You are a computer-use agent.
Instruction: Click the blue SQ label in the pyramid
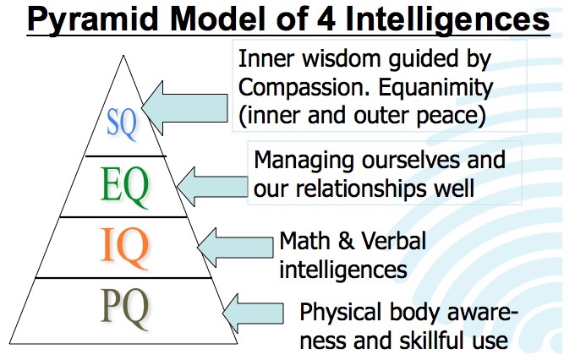[x=122, y=123]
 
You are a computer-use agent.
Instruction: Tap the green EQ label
[x=124, y=187]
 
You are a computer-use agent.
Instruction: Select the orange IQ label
[x=124, y=247]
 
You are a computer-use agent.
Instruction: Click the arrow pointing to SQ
[x=184, y=108]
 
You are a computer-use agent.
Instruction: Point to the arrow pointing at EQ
[x=212, y=187]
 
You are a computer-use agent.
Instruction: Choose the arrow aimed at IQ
[x=235, y=247]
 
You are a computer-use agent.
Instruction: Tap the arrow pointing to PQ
[x=253, y=314]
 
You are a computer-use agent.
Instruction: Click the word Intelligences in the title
[x=447, y=19]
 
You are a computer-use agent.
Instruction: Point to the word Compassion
[x=305, y=88]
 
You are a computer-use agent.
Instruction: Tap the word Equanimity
[x=435, y=88]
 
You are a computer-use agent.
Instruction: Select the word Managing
[x=304, y=161]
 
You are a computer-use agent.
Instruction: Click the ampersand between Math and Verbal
[x=345, y=241]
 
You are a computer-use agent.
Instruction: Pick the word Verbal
[x=394, y=241]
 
